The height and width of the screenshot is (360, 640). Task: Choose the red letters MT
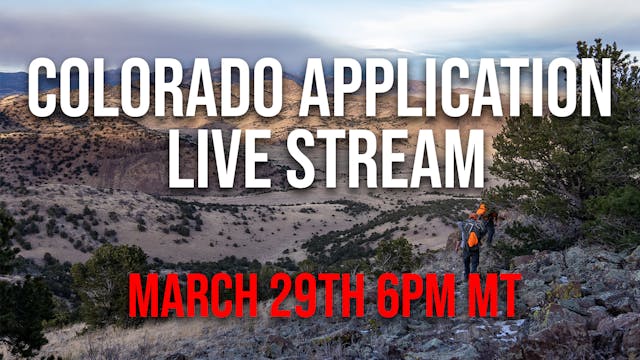[x=493, y=296]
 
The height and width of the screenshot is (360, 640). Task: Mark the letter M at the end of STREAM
[x=455, y=160]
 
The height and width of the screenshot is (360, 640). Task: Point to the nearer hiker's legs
[x=471, y=261]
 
